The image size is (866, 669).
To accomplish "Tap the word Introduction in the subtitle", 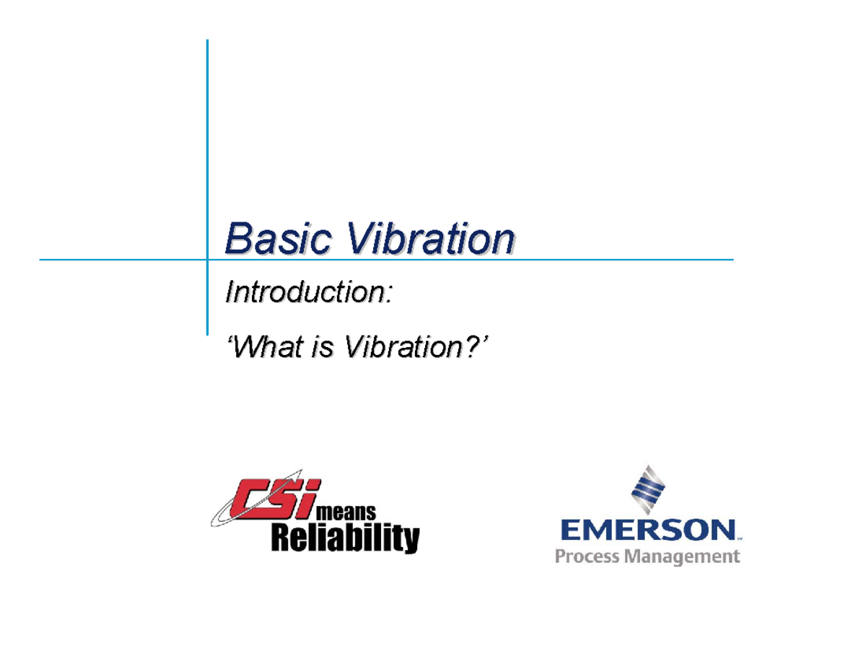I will (x=303, y=293).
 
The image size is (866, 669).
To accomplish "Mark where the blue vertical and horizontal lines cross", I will (x=208, y=258).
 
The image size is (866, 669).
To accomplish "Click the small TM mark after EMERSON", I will (x=740, y=538).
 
